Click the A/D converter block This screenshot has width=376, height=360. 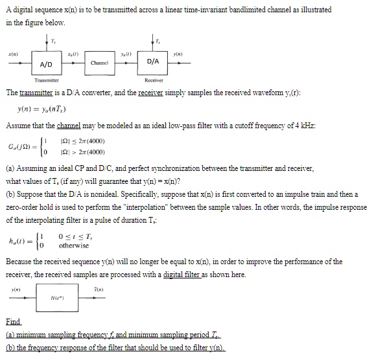46,65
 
